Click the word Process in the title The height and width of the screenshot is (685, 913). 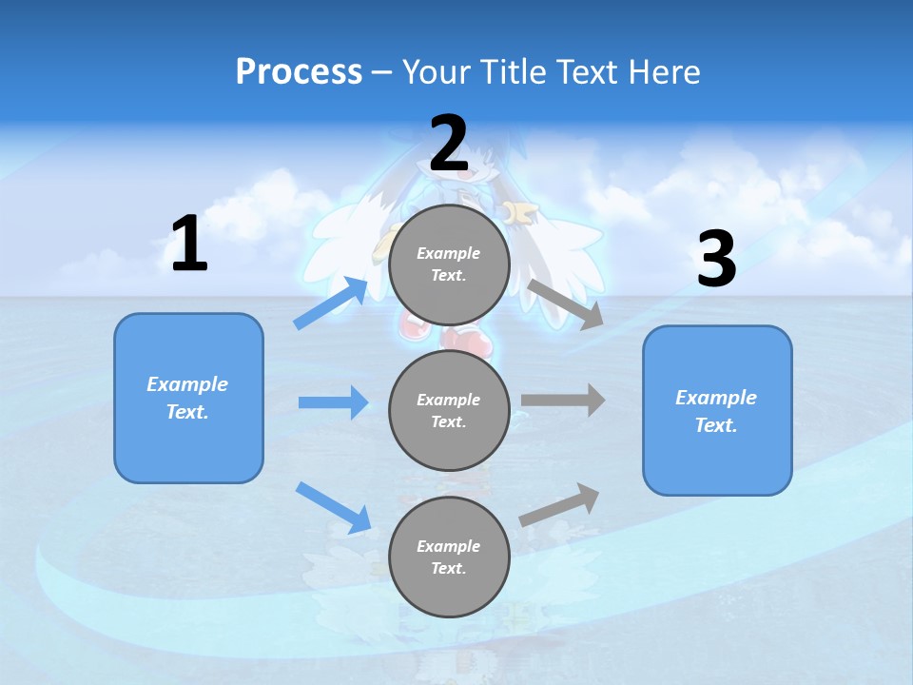click(x=299, y=72)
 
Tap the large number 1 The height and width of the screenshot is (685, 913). click(x=189, y=245)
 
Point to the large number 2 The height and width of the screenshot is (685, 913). click(x=449, y=144)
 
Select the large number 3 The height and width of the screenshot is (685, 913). click(x=717, y=260)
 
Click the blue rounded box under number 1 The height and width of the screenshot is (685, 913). click(x=188, y=398)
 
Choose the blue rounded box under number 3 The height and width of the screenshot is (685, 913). click(x=717, y=411)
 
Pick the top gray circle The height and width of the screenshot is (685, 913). click(x=449, y=264)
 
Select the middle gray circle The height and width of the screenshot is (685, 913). click(x=449, y=411)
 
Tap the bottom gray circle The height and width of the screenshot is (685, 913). click(x=449, y=558)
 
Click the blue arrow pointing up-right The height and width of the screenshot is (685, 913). click(x=331, y=303)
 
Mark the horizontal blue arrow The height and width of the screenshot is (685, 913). click(x=333, y=402)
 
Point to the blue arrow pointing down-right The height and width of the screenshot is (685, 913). click(x=333, y=507)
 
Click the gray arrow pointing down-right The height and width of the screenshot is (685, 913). click(x=566, y=303)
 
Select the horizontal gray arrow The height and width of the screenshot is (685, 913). click(x=563, y=401)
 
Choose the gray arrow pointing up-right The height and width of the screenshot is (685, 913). click(x=559, y=505)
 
